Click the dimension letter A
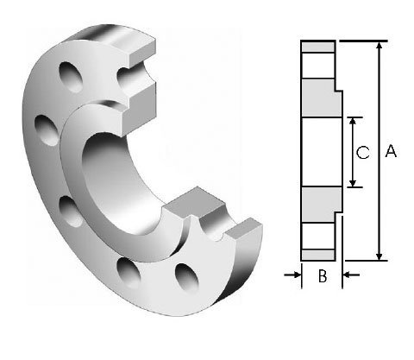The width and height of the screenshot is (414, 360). point(390,151)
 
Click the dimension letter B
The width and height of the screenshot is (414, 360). point(322,276)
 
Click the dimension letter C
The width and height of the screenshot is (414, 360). point(363,152)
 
